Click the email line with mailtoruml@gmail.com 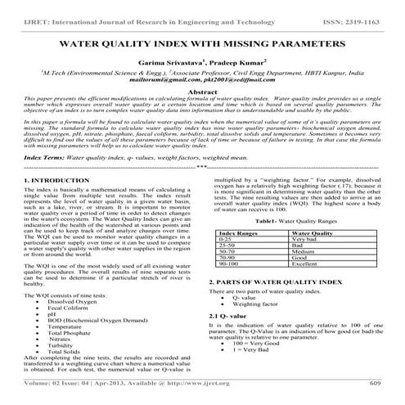pyautogui.click(x=201, y=82)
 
